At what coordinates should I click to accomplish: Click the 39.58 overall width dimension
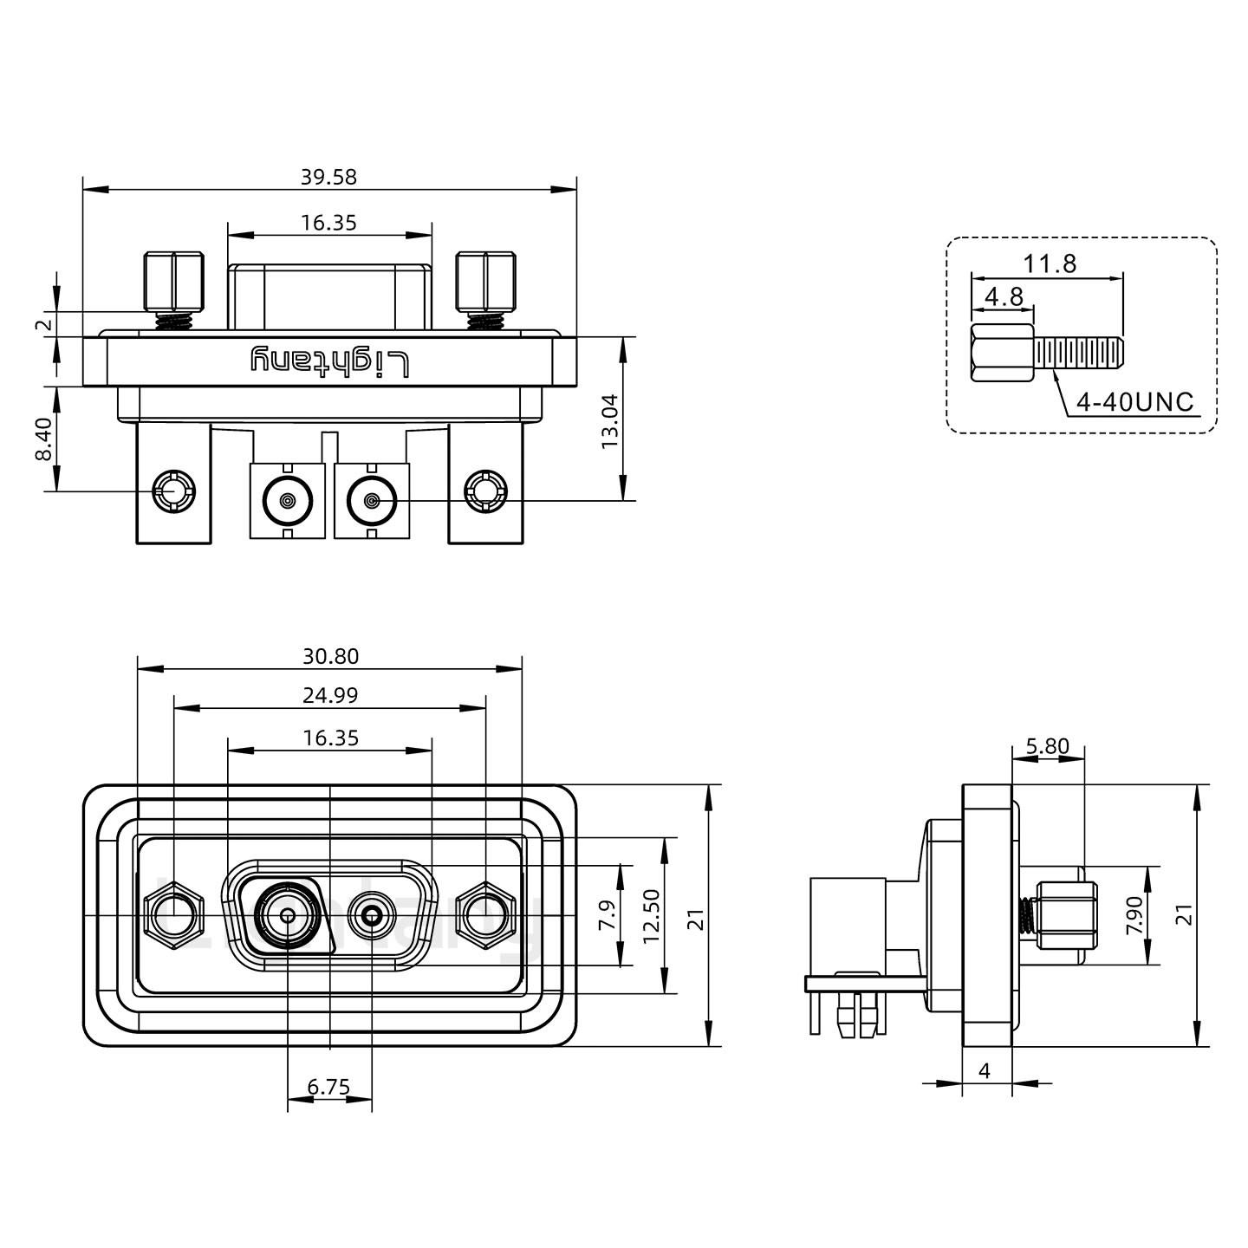click(328, 177)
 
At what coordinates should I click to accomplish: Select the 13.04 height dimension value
click(610, 420)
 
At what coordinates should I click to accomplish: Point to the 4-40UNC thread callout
click(1134, 402)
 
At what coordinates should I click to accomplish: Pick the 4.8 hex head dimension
click(1004, 296)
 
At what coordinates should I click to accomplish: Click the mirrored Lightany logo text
click(328, 361)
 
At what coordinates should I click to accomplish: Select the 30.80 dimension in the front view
click(330, 657)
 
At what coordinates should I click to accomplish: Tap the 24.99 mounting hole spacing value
click(330, 695)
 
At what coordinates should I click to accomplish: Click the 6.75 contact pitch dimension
click(328, 1087)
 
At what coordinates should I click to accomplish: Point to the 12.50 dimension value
click(652, 915)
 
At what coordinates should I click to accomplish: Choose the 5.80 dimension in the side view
click(1047, 746)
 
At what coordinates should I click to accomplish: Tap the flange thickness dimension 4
click(985, 1071)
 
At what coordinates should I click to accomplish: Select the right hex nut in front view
click(484, 915)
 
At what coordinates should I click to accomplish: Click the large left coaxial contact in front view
click(286, 915)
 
